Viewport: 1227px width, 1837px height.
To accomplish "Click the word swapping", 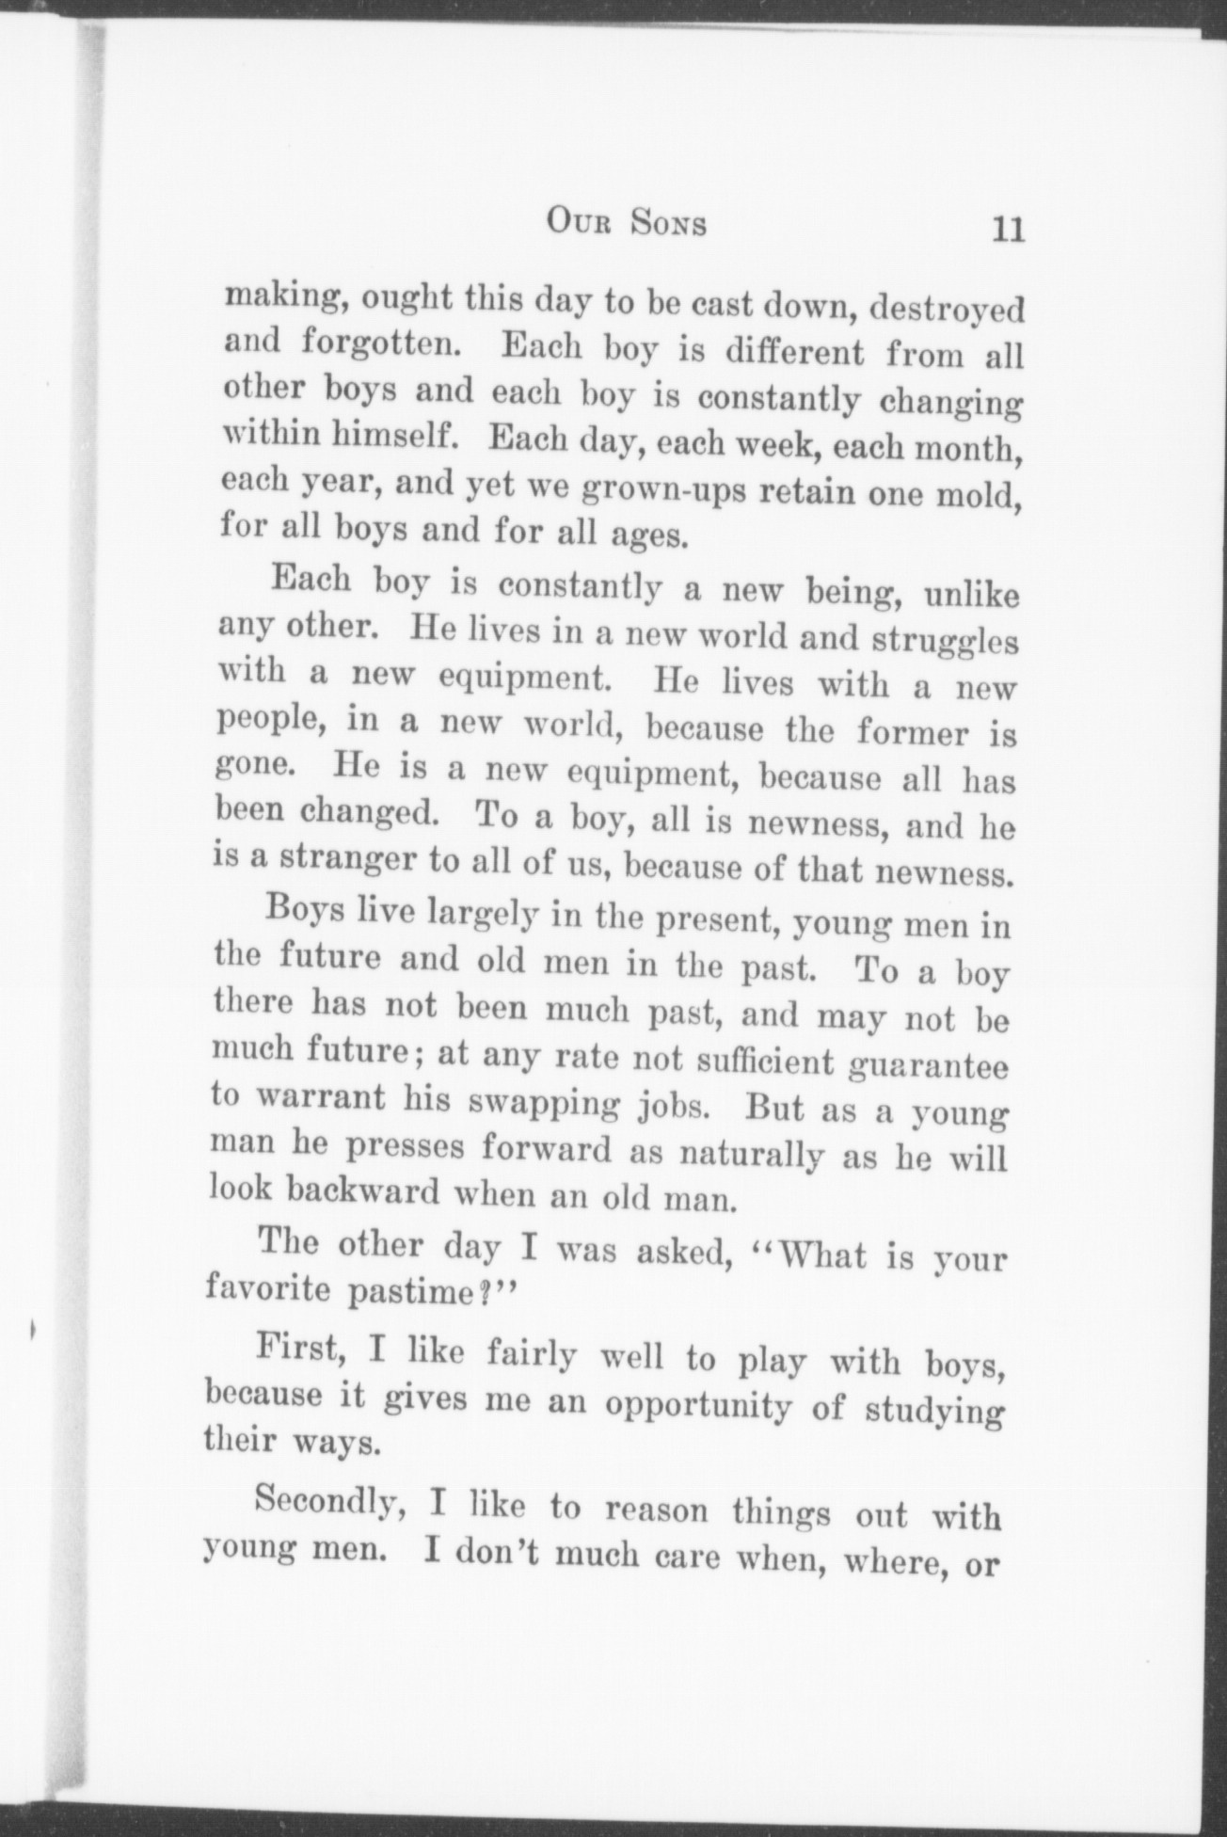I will click(x=544, y=1103).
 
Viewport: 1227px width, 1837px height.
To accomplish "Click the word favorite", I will click(x=268, y=1286).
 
